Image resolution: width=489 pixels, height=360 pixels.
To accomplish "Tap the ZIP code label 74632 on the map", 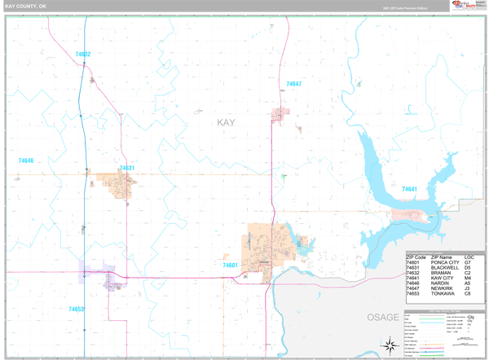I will (83, 55).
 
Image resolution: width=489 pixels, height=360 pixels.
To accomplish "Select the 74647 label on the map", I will (293, 84).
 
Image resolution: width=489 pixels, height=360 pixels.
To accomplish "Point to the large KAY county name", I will (226, 122).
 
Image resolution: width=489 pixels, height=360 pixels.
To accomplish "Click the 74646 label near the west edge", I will (26, 160).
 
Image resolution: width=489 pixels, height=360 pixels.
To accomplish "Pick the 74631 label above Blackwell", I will (126, 168).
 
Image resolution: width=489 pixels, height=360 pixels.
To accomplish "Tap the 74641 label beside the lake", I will (409, 189).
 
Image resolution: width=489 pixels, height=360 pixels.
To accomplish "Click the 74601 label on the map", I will (231, 265).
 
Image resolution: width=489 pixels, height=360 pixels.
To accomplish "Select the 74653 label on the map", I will (77, 309).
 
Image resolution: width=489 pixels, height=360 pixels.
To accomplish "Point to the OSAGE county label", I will (383, 317).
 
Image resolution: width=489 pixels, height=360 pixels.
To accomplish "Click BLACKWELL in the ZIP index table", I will (445, 268).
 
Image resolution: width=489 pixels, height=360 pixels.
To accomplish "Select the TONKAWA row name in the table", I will (442, 294).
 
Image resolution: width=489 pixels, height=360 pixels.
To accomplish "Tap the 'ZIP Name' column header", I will (441, 257).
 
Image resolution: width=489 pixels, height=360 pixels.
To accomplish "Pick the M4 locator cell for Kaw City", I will (468, 278).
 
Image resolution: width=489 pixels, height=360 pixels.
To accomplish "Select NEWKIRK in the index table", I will (442, 288).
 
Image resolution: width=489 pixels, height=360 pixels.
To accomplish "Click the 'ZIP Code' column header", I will (416, 257).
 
